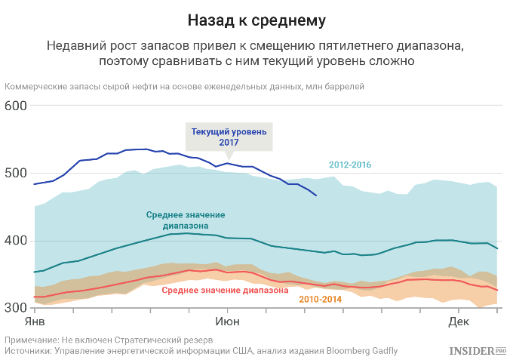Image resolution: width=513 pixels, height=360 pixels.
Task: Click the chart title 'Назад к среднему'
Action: coord(256,17)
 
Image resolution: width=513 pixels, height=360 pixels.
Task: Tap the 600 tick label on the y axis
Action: coord(17,106)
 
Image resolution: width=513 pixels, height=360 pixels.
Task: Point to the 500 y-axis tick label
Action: coord(17,174)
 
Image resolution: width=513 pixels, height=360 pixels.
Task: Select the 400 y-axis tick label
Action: coord(17,241)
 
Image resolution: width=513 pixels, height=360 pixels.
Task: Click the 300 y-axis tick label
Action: coord(17,308)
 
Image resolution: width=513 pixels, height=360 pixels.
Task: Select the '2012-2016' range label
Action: coord(350,165)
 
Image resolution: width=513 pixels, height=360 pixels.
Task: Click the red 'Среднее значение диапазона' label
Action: coord(226,289)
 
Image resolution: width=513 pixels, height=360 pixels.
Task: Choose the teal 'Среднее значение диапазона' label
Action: coord(184,220)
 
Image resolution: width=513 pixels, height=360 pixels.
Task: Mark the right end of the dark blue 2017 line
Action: coord(316,196)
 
